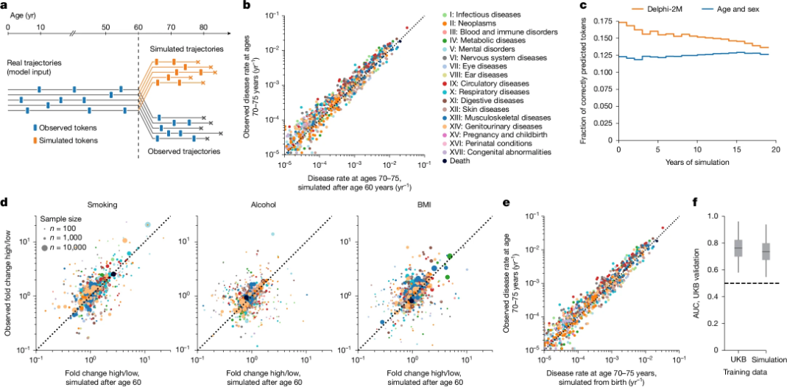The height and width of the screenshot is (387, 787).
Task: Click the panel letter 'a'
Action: (4, 5)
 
